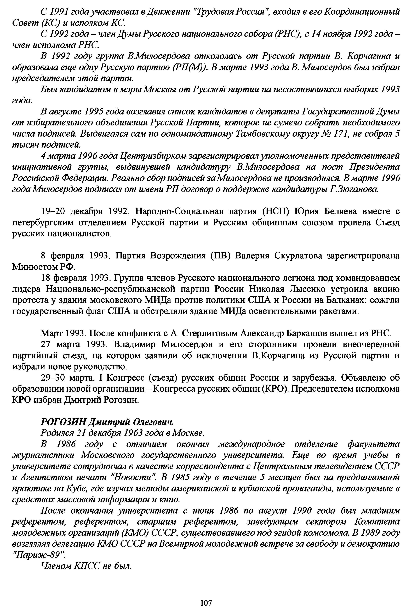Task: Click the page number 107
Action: point(206,601)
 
